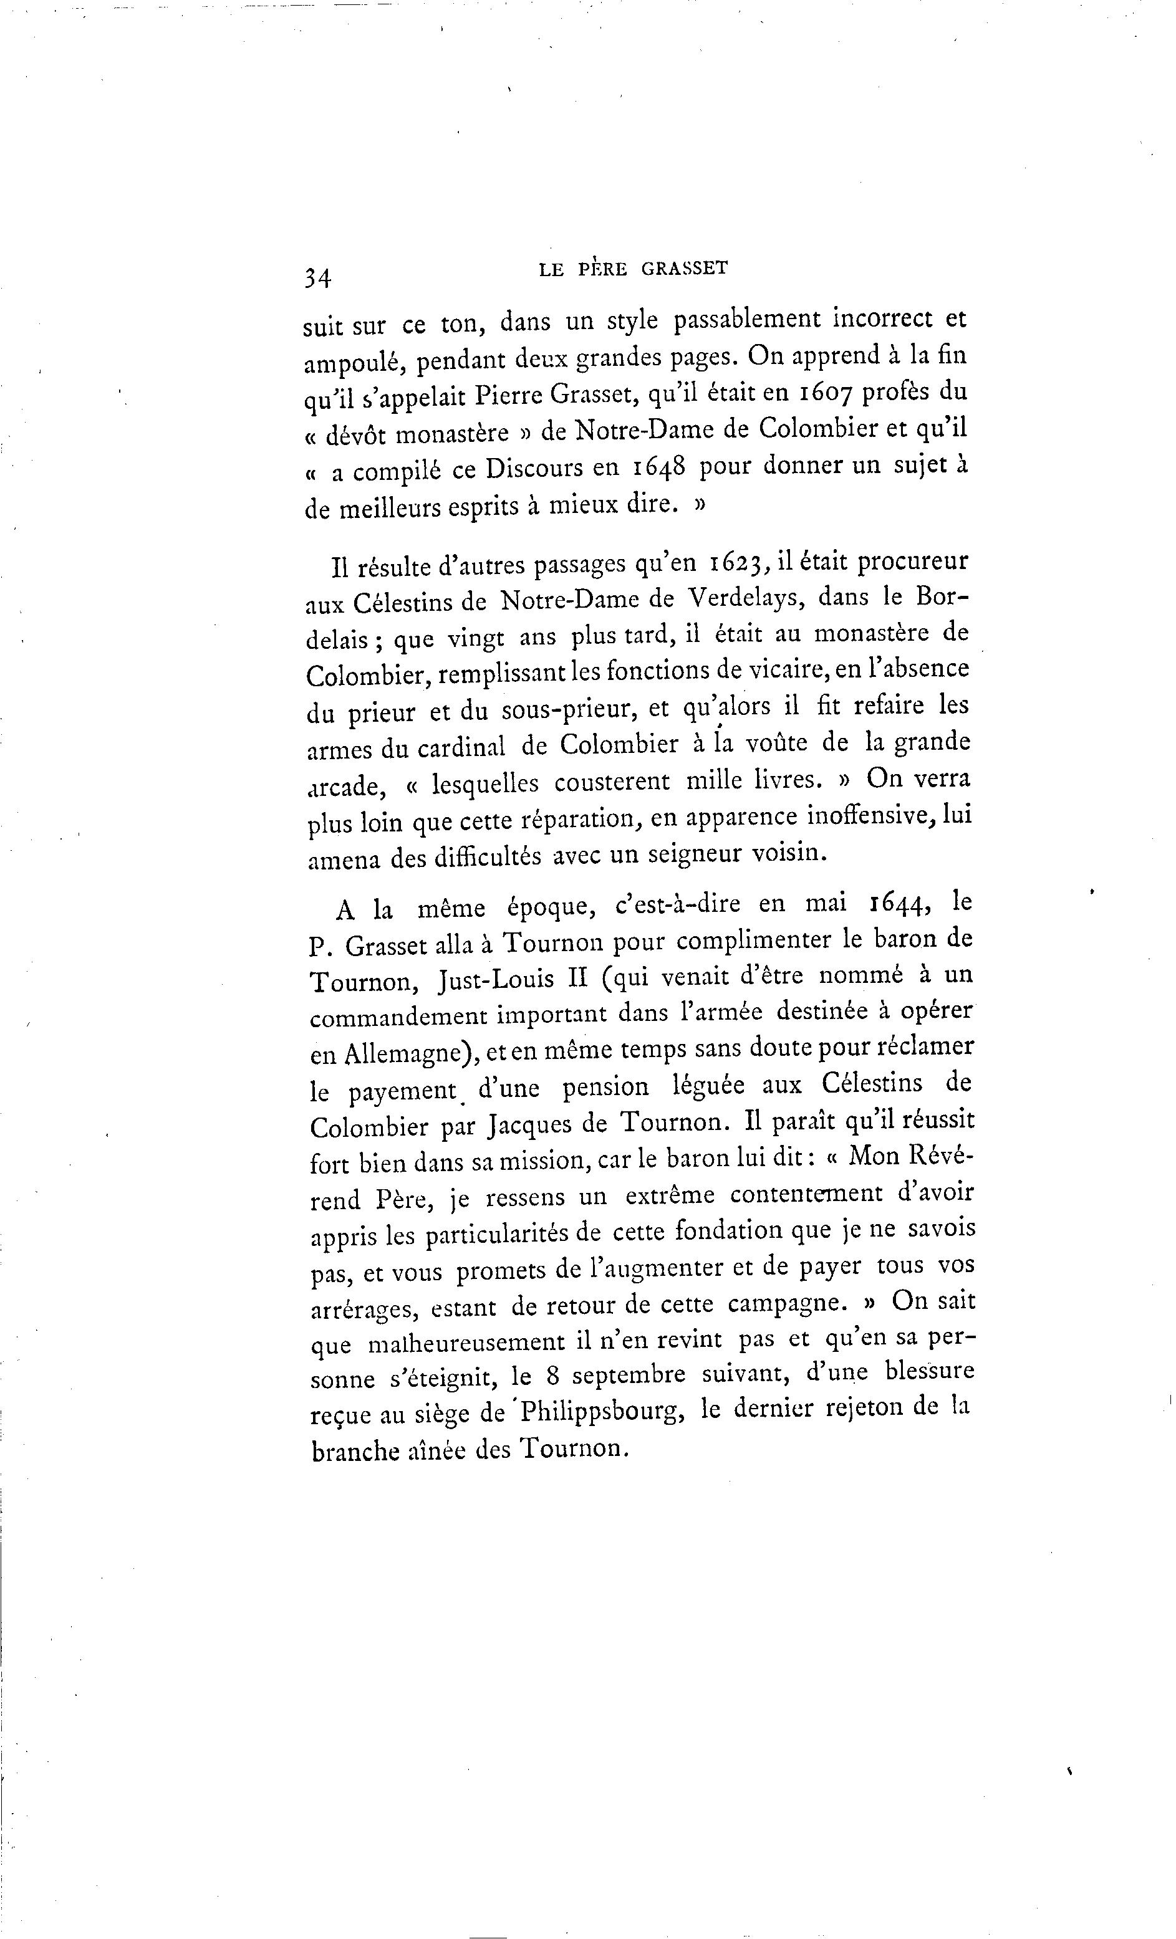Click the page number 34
click(319, 277)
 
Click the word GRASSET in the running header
click(685, 269)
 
